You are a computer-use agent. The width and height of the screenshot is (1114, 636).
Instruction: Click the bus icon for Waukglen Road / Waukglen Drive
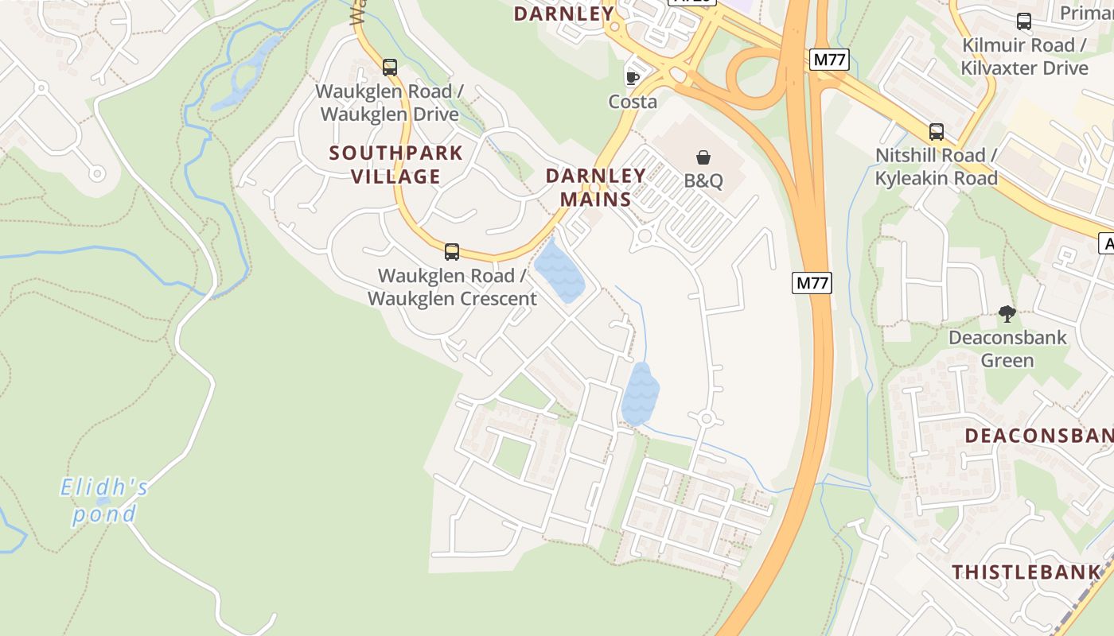[x=389, y=68]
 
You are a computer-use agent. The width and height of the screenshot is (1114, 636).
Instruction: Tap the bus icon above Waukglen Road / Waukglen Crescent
[x=452, y=252]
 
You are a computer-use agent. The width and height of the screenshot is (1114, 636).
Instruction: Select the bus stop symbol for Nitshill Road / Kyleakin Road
[x=937, y=132]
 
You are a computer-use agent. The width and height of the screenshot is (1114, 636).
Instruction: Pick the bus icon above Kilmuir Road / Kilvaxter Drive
[x=1024, y=21]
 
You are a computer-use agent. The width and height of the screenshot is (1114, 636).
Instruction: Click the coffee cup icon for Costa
[x=633, y=77]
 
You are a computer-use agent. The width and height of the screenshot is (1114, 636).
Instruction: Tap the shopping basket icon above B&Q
[x=703, y=157]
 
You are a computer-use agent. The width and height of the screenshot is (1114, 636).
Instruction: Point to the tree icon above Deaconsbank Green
[x=1007, y=314]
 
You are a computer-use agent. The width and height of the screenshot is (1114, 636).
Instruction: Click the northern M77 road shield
[x=831, y=60]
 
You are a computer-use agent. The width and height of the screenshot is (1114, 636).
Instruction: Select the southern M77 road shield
[x=812, y=282]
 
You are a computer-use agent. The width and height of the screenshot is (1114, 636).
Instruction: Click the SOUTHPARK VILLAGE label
[x=396, y=165]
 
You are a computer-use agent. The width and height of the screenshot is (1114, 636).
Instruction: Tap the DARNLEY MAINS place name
[x=595, y=188]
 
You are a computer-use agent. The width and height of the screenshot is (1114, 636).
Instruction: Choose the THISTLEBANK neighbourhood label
[x=1026, y=572]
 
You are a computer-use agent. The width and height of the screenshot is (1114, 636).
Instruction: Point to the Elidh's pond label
[x=104, y=500]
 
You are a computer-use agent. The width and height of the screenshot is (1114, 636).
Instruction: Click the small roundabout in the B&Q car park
[x=645, y=235]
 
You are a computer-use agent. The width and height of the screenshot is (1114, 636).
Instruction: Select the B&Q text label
[x=703, y=181]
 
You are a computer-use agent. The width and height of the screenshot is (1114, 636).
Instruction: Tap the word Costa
[x=633, y=102]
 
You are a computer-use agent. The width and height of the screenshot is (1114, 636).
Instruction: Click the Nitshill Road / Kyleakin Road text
[x=936, y=167]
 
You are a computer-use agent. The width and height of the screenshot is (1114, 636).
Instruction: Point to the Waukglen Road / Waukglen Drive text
[x=390, y=103]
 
